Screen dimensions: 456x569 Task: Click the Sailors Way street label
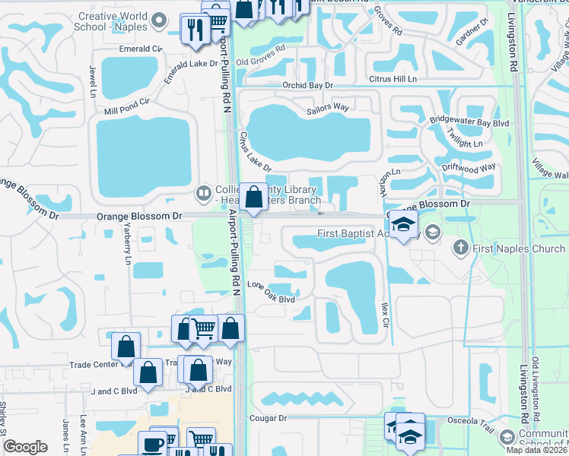point(328,107)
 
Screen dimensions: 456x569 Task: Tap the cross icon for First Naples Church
point(459,248)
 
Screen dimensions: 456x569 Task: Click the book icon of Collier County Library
point(202,193)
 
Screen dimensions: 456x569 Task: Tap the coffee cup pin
point(151,444)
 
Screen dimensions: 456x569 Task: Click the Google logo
point(26,447)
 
